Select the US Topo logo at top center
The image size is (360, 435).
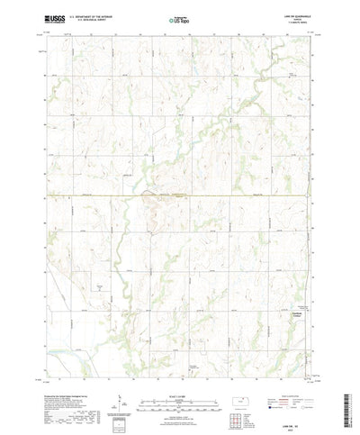click(179, 18)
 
